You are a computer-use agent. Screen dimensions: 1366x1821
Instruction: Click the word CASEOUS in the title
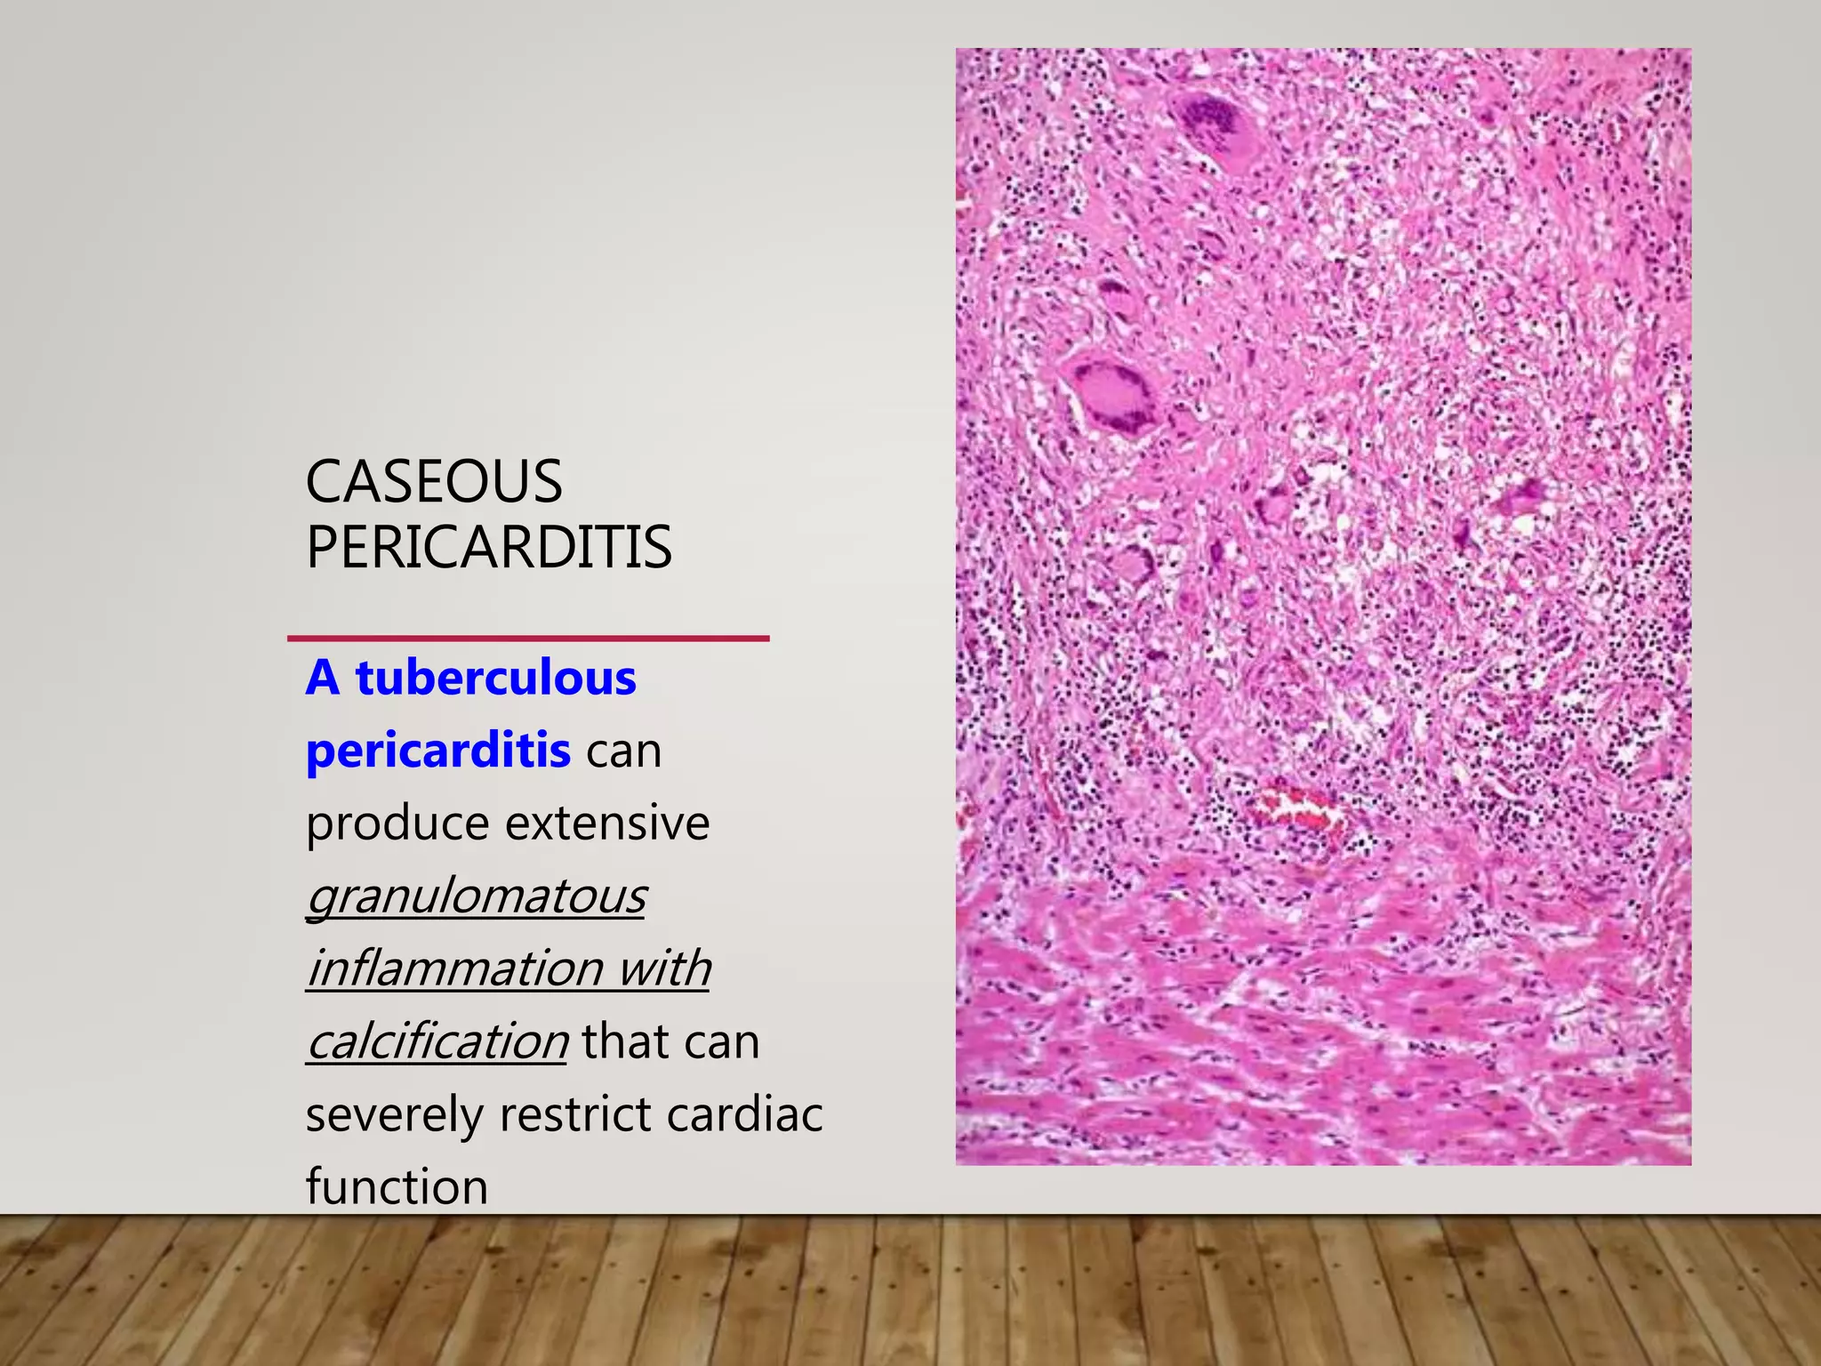click(x=434, y=482)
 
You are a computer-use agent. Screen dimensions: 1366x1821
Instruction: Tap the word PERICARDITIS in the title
click(x=489, y=547)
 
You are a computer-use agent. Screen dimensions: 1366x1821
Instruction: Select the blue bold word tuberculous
click(x=496, y=678)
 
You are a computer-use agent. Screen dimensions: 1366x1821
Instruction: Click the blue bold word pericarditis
click(x=438, y=751)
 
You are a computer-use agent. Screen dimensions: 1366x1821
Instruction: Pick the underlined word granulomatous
click(x=477, y=896)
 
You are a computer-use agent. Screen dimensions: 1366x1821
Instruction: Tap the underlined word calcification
click(x=437, y=1041)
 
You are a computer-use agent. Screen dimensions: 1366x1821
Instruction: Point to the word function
click(x=397, y=1186)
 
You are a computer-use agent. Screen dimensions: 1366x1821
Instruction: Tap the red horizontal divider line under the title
click(x=528, y=639)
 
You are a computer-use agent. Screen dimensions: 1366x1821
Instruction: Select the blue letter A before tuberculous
click(x=323, y=678)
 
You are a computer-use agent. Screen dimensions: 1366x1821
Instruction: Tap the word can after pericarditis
click(x=623, y=751)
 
